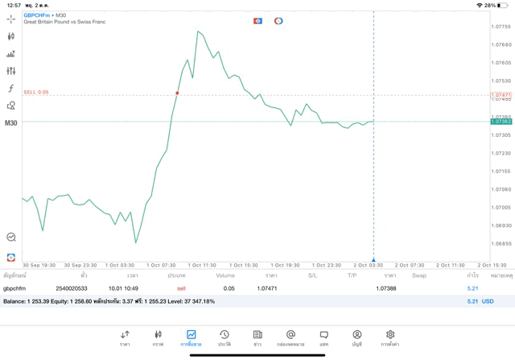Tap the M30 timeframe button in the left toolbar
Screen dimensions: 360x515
click(x=11, y=123)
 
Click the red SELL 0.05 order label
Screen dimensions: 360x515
click(x=36, y=92)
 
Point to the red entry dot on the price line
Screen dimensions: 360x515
click(x=177, y=93)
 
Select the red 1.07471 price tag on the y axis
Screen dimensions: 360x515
click(x=501, y=95)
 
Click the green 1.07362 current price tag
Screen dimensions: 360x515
click(x=501, y=122)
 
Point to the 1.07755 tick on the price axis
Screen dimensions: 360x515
click(x=501, y=27)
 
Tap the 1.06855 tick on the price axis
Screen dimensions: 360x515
click(x=501, y=243)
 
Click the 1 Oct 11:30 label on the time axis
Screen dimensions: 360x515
click(x=203, y=265)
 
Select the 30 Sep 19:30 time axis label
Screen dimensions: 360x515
click(x=39, y=265)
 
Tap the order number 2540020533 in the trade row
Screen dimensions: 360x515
click(x=72, y=288)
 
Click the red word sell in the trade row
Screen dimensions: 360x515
click(x=181, y=288)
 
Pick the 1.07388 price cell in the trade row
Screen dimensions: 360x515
click(x=386, y=288)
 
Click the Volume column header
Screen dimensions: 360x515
click(x=225, y=275)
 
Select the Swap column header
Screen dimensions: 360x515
click(x=418, y=275)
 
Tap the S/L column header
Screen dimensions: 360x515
click(x=312, y=275)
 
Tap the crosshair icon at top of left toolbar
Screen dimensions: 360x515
click(x=11, y=19)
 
